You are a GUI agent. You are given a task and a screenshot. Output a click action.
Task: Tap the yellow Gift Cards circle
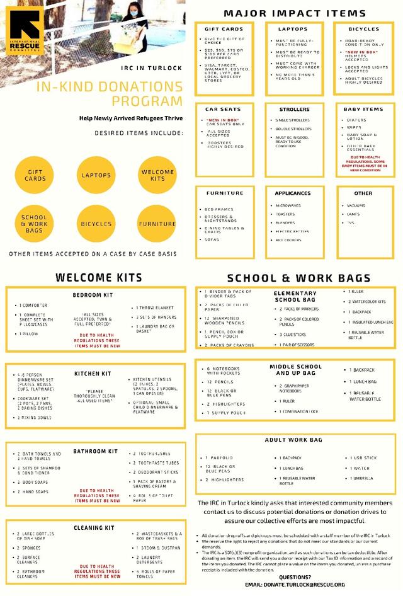35,175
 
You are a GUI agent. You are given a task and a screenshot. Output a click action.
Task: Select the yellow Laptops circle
96,175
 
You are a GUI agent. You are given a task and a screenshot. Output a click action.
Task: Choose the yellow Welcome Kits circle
157,175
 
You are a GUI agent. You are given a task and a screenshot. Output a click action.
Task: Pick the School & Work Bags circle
35,224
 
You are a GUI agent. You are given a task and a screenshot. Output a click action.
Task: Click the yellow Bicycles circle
96,224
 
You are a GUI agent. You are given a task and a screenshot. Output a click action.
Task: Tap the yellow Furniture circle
157,224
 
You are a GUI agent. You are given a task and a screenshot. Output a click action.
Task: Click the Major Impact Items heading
294,13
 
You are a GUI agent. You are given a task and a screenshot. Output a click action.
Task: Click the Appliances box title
293,193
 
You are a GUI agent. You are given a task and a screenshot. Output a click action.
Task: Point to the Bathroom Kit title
95,451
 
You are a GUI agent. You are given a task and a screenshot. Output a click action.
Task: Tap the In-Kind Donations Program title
110,94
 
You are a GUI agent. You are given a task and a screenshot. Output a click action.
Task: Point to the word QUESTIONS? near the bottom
294,576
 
